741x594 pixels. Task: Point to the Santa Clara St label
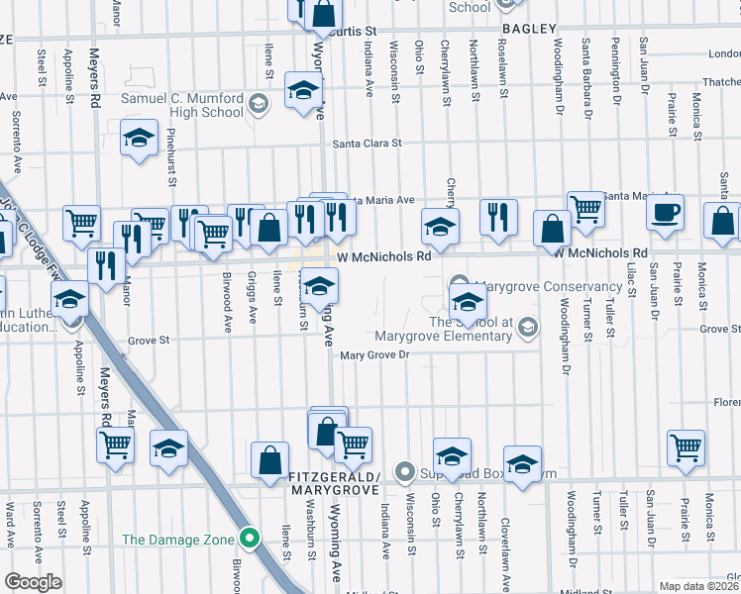coord(367,143)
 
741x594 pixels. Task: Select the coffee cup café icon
coord(665,211)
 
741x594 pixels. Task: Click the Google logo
coord(33,582)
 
